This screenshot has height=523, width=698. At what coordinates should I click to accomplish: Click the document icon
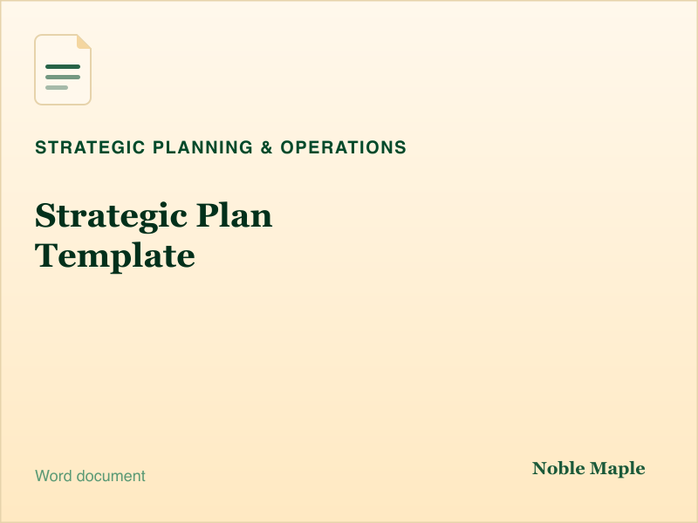pyautogui.click(x=63, y=70)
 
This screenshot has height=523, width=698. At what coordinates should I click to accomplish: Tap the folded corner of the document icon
pyautogui.click(x=84, y=41)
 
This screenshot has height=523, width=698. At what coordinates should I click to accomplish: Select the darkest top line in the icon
pyautogui.click(x=63, y=67)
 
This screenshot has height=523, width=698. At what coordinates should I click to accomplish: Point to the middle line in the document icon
pyautogui.click(x=63, y=78)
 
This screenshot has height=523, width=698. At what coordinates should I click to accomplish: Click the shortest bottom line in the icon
pyautogui.click(x=57, y=88)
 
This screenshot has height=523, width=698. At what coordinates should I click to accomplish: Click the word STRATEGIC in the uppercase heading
pyautogui.click(x=90, y=147)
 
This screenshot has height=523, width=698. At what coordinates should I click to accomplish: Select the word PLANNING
pyautogui.click(x=202, y=147)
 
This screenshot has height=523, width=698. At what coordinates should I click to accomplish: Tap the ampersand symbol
pyautogui.click(x=267, y=147)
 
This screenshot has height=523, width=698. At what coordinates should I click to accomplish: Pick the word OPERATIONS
pyautogui.click(x=343, y=147)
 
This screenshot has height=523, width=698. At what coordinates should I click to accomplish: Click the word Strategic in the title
pyautogui.click(x=111, y=216)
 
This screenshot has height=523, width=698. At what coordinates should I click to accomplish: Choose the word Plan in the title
pyautogui.click(x=234, y=214)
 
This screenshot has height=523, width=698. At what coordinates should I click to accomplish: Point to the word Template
pyautogui.click(x=115, y=256)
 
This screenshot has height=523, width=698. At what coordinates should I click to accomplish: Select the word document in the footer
pyautogui.click(x=111, y=476)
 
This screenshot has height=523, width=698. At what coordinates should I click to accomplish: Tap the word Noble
pyautogui.click(x=558, y=468)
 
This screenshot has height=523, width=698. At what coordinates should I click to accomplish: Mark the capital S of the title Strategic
pyautogui.click(x=45, y=215)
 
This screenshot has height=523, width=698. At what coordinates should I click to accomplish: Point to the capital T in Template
pyautogui.click(x=47, y=255)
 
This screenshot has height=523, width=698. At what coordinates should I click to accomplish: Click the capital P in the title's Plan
pyautogui.click(x=208, y=215)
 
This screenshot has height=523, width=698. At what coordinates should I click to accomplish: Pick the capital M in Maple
pyautogui.click(x=599, y=468)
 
